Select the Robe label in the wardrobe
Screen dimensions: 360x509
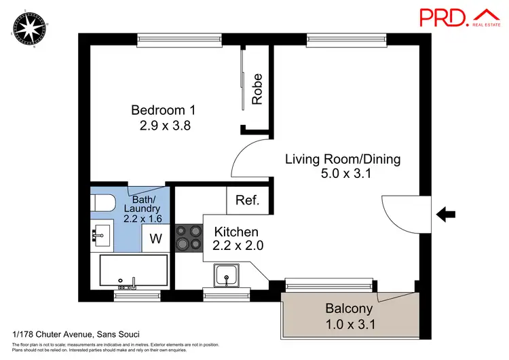[257, 88]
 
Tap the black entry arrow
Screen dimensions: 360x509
[445, 215]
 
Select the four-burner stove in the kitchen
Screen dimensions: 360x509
[189, 238]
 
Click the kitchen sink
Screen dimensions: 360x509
[226, 275]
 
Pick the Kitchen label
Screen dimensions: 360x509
[226, 232]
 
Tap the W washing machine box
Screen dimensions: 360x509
[155, 238]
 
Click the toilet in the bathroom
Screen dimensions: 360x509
[102, 203]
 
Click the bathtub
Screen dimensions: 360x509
[133, 271]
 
